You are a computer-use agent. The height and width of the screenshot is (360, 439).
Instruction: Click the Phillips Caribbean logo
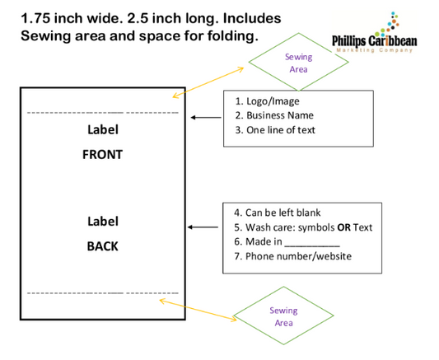[x=383, y=34]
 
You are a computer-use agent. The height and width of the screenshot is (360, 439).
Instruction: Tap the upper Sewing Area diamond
[x=298, y=64]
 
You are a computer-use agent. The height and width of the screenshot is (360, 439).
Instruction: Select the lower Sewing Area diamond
[x=283, y=316]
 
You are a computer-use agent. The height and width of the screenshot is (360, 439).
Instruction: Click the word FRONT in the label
[x=103, y=154]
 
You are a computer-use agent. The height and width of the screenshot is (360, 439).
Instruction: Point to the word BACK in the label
[x=103, y=245]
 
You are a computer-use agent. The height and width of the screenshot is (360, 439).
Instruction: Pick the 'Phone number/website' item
[x=292, y=256]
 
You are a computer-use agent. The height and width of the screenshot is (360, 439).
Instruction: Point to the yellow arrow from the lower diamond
[x=198, y=310]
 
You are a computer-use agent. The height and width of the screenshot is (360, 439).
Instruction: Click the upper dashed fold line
[x=103, y=111]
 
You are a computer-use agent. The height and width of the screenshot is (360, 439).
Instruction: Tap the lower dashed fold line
[x=103, y=292]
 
